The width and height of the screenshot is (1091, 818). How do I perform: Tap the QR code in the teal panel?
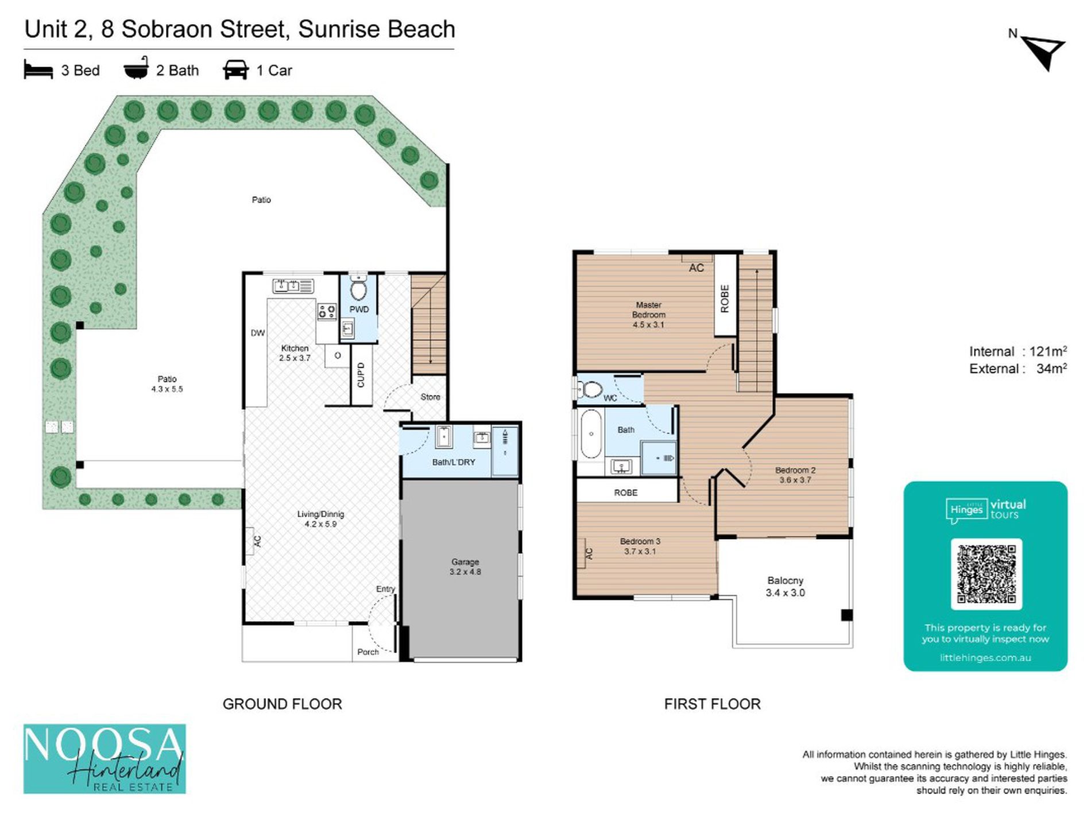(986, 574)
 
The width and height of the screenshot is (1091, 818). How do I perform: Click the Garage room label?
(465, 567)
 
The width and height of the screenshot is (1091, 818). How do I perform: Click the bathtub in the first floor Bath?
(590, 433)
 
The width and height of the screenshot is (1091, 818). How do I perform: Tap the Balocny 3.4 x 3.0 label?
(785, 587)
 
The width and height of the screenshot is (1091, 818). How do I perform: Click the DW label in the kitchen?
(258, 333)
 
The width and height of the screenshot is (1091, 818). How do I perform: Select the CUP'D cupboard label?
(361, 375)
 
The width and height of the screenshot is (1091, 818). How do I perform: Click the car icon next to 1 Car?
(235, 70)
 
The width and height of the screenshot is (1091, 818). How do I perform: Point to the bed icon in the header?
(38, 70)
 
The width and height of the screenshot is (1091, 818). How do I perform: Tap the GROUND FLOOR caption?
(282, 704)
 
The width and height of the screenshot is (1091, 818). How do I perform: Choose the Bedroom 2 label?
(795, 475)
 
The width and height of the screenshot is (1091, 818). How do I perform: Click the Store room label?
(430, 397)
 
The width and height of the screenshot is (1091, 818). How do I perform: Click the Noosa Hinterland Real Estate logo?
(105, 758)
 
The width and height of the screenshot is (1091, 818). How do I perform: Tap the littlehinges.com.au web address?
(985, 658)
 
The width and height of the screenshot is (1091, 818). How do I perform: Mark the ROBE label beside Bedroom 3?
(625, 493)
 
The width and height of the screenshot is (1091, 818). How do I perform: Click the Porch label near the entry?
(368, 652)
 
